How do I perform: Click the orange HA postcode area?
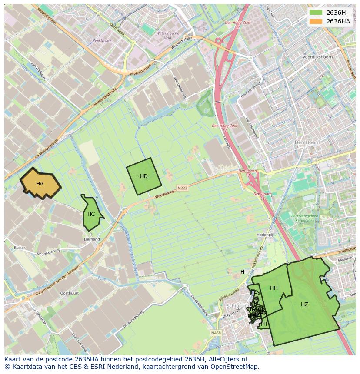coord(40,184)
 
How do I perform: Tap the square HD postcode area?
coord(144,176)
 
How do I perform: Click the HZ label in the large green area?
coord(304,304)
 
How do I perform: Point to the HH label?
coord(273,288)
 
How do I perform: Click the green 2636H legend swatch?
coord(316,13)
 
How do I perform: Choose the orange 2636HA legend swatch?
coord(316,21)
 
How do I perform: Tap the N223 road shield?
coord(183,188)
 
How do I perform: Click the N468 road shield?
coord(216,333)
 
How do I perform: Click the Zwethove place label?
coord(102,40)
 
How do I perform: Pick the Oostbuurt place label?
coord(69,293)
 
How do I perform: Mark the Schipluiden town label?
coord(237,305)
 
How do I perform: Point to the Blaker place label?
coord(20,248)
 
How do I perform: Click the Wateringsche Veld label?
coord(168,35)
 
